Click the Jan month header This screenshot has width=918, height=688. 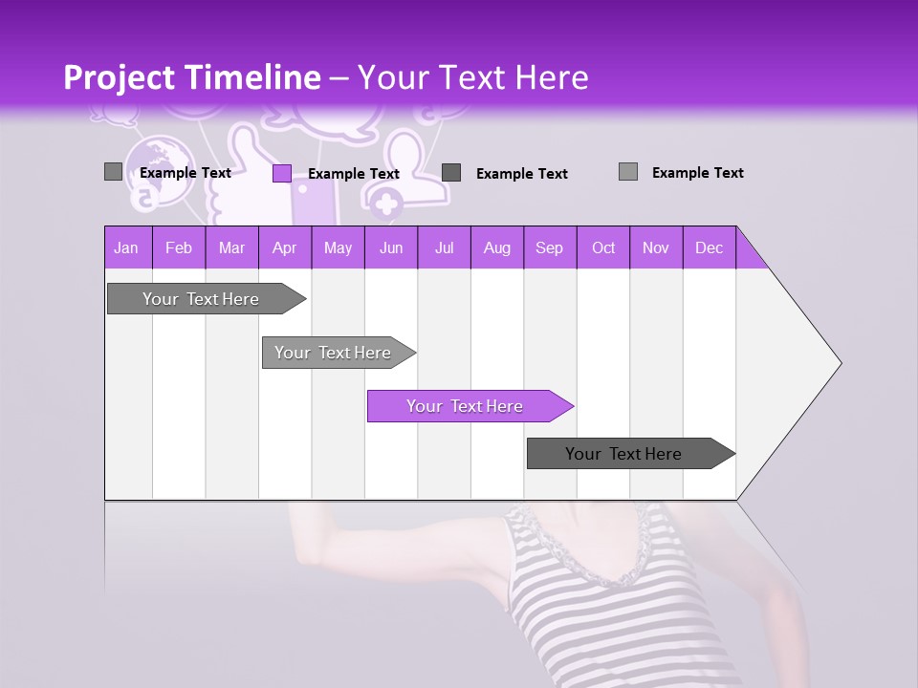(126, 247)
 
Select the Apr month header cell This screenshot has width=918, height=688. (284, 247)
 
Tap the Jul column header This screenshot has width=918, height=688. (444, 247)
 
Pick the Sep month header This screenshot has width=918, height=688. (549, 247)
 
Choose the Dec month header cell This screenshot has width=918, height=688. (709, 247)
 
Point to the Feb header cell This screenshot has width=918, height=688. (178, 247)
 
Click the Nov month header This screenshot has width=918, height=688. (655, 247)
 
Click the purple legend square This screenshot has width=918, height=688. (282, 173)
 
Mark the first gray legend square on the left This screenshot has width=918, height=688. (113, 172)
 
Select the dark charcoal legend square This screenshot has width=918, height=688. (451, 172)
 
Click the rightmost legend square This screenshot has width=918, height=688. (628, 171)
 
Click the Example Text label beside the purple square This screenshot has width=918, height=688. (354, 174)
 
